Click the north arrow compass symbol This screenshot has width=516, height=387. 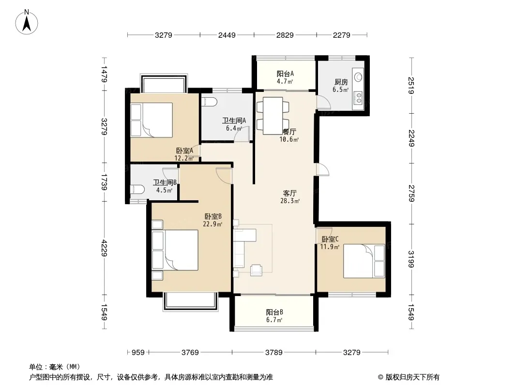pyautogui.click(x=27, y=22)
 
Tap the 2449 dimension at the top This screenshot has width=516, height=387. pyautogui.click(x=227, y=35)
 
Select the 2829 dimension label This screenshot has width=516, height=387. pyautogui.click(x=285, y=35)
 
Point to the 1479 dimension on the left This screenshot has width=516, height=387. pyautogui.click(x=105, y=74)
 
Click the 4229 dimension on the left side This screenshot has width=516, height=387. pyautogui.click(x=105, y=248)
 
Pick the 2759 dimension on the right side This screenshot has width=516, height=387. pyautogui.click(x=411, y=193)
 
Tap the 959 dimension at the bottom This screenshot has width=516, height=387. pyautogui.click(x=138, y=353)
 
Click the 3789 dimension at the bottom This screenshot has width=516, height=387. pyautogui.click(x=274, y=353)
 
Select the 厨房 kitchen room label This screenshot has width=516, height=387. pyautogui.click(x=341, y=82)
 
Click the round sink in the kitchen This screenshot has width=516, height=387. pyautogui.click(x=358, y=77)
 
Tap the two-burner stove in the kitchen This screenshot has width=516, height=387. pyautogui.click(x=358, y=97)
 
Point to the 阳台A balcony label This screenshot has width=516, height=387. pyautogui.click(x=285, y=74)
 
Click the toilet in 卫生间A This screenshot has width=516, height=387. pyautogui.click(x=209, y=102)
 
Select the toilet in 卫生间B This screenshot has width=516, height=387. pyautogui.click(x=137, y=190)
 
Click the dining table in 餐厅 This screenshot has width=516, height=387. pyautogui.click(x=273, y=116)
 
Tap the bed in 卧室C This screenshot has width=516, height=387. pyautogui.click(x=364, y=261)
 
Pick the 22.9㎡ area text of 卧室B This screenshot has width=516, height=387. pyautogui.click(x=212, y=224)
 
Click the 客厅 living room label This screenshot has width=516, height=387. pyautogui.click(x=290, y=193)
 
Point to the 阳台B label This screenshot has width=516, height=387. pyautogui.click(x=274, y=312)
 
